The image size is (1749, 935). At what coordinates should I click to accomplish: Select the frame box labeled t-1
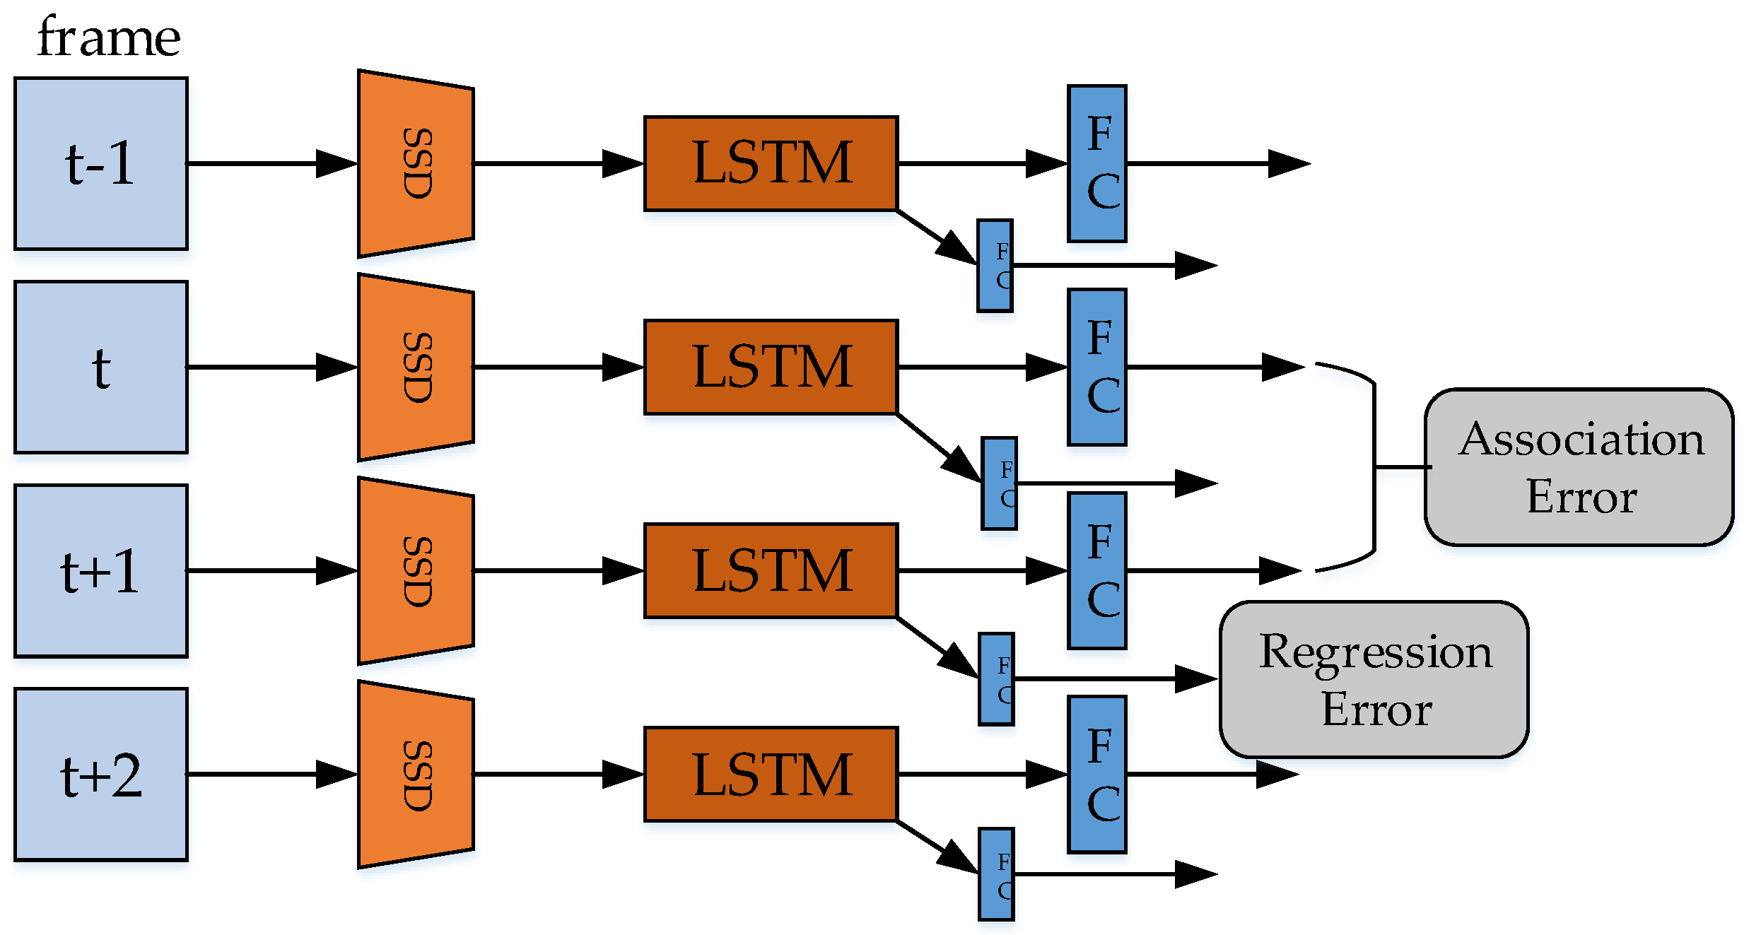(x=101, y=164)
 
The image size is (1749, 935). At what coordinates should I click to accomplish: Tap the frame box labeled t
(x=101, y=367)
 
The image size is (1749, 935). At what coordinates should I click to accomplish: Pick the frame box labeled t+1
(x=101, y=571)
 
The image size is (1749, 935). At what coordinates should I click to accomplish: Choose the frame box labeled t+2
(x=101, y=775)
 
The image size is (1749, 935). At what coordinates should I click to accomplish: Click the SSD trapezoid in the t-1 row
(x=416, y=164)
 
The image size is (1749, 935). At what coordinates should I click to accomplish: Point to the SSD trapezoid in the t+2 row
(x=416, y=775)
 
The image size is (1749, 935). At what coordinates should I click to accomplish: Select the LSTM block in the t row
(x=771, y=367)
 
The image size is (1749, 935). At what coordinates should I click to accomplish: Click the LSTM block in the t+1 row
(x=771, y=571)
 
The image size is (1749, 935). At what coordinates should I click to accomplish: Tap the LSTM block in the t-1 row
(x=771, y=164)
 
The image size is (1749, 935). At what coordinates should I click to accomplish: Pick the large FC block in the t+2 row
(x=1097, y=775)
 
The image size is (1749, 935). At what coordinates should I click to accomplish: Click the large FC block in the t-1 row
(x=1097, y=164)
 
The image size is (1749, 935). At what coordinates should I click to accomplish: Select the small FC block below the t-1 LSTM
(x=995, y=266)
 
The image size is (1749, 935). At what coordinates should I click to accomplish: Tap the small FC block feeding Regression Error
(x=996, y=679)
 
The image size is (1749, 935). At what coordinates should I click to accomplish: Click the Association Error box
(x=1579, y=467)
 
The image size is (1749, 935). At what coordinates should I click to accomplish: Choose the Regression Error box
(x=1374, y=679)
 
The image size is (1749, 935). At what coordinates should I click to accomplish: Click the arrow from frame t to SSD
(x=272, y=367)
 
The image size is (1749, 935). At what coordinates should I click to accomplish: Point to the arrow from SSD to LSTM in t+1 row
(x=558, y=571)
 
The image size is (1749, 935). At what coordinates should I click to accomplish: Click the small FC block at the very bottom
(x=996, y=874)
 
